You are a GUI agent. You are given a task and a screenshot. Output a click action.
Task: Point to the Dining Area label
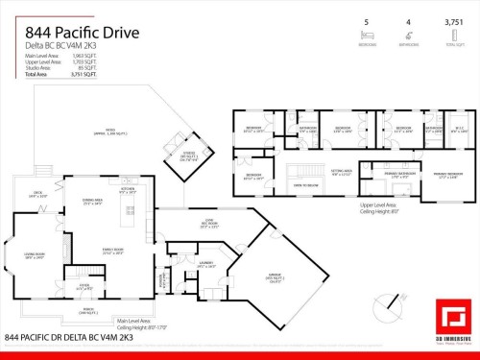point(92,203)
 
